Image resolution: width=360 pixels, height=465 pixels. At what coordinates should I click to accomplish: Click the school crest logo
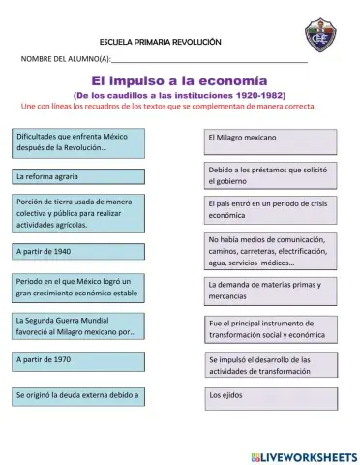click(x=319, y=38)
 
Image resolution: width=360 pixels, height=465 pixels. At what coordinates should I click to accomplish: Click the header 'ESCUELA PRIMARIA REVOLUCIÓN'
click(x=161, y=44)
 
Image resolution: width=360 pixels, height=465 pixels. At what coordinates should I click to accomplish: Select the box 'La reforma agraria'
click(x=77, y=177)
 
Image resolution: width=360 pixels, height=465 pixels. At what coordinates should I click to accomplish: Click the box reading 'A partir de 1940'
click(x=77, y=251)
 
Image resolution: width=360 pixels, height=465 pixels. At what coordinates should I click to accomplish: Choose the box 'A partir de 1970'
click(x=77, y=359)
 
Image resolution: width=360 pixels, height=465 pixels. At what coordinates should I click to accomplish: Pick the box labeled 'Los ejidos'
click(x=270, y=397)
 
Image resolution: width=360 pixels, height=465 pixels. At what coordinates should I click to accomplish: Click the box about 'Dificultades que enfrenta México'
click(x=77, y=143)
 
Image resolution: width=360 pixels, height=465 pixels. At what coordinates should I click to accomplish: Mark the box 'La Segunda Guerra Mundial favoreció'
click(x=77, y=325)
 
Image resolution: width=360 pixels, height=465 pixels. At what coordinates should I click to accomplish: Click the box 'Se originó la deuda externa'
click(x=77, y=395)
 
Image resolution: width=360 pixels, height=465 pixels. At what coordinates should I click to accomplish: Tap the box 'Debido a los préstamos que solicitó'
click(x=270, y=174)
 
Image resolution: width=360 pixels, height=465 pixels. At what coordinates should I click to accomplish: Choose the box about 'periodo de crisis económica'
click(x=270, y=210)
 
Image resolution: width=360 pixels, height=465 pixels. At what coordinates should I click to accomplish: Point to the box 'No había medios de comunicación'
click(x=270, y=250)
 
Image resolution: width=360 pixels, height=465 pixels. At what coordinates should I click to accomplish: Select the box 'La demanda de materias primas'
click(x=270, y=291)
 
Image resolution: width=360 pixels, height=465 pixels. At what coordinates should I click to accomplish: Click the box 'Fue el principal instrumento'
click(x=270, y=328)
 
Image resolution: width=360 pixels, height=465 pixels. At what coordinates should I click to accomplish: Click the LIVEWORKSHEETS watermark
click(x=303, y=455)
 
